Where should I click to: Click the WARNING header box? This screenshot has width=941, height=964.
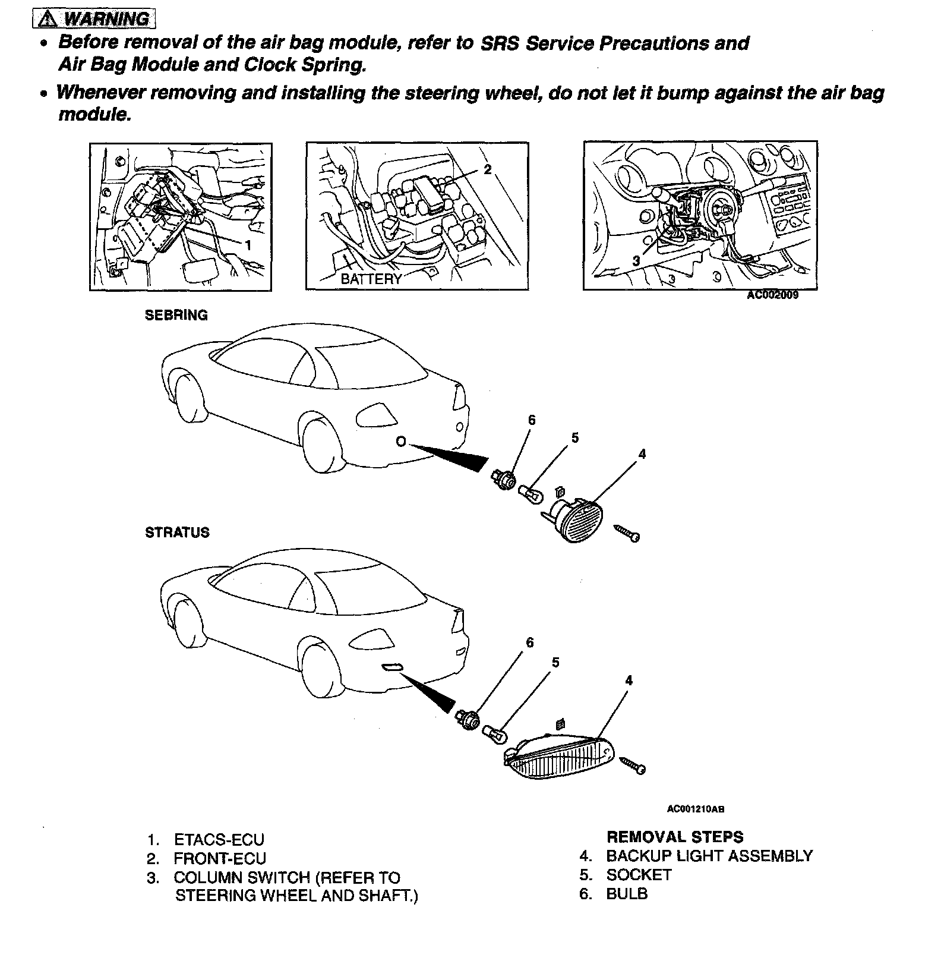pos(94,19)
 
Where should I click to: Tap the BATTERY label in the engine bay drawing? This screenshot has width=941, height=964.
pos(371,279)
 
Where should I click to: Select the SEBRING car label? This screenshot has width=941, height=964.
pos(176,316)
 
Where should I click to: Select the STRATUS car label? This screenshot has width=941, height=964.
pos(177,533)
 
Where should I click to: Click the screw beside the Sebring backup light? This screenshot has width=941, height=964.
pos(627,533)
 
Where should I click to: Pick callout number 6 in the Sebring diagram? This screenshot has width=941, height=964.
pos(532,421)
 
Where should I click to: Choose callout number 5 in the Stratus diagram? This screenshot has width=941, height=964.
pos(555,662)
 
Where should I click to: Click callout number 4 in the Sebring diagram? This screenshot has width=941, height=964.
pos(642,454)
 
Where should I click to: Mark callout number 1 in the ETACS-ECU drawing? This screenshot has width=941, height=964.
pos(248,245)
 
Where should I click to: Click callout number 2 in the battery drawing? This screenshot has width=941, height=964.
pos(488,169)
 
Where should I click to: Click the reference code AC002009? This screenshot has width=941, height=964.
pos(772,295)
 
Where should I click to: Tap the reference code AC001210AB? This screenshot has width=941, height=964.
pos(696,809)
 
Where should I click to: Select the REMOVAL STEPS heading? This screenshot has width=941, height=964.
pos(674,837)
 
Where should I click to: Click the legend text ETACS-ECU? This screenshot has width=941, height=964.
pos(219,840)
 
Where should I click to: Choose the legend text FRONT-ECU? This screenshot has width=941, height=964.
pos(220,859)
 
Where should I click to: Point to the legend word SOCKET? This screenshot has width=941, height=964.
pos(639,875)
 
